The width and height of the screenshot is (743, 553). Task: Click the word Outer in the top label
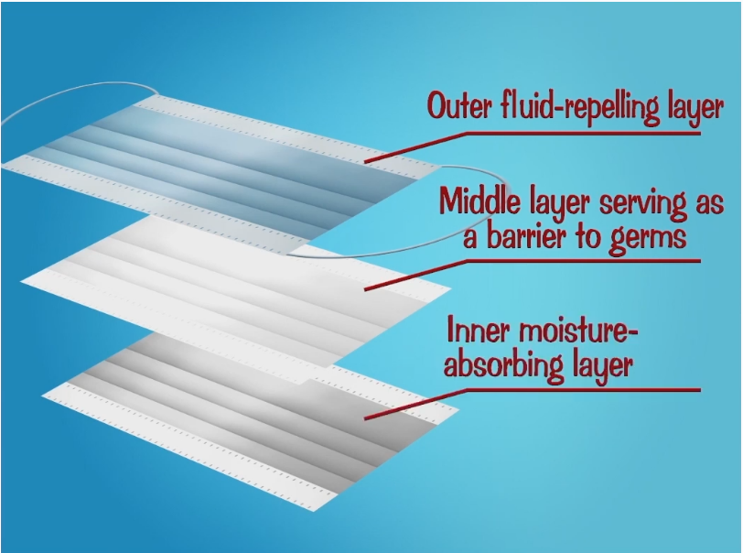click(x=462, y=106)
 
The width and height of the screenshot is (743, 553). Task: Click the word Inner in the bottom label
click(x=474, y=328)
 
